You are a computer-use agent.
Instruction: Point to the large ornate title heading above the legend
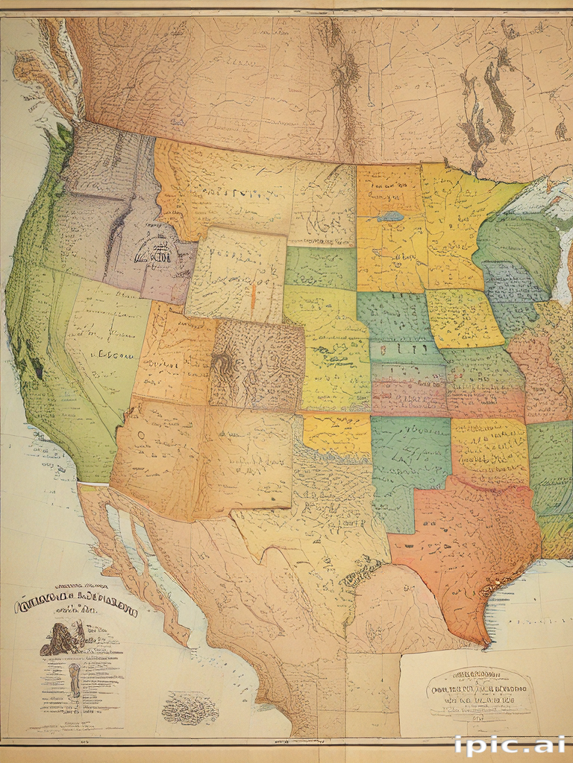[x=75, y=605]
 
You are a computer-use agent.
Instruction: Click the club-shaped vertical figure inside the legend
[x=75, y=680]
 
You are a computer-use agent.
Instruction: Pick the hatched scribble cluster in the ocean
[x=190, y=707]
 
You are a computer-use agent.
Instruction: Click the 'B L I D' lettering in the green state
[x=403, y=347]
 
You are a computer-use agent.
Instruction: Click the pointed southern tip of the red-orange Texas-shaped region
[x=486, y=641]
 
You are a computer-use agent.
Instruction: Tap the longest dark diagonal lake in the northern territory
[x=498, y=97]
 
